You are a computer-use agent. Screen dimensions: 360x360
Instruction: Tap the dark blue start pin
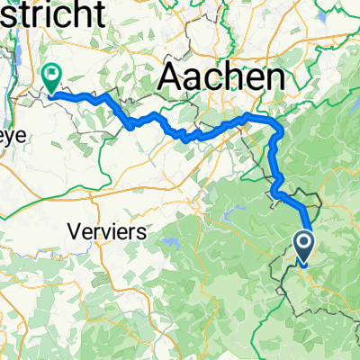[302, 247]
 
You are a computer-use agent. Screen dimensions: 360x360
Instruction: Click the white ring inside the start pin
[302, 242]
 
